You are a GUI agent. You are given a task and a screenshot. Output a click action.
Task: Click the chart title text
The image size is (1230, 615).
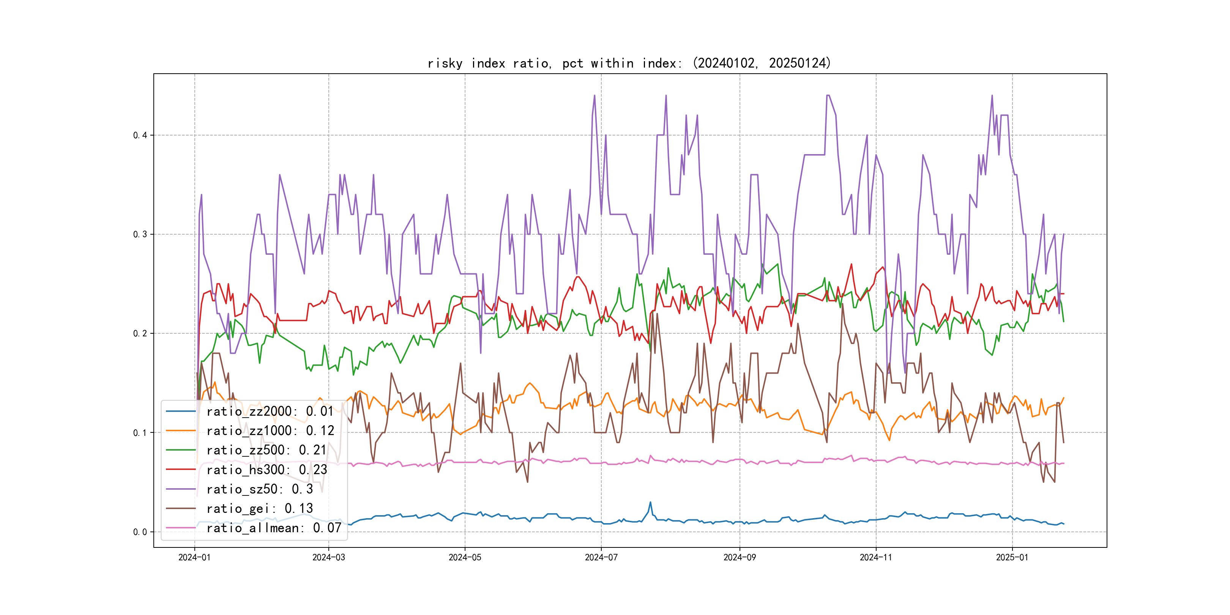click(629, 63)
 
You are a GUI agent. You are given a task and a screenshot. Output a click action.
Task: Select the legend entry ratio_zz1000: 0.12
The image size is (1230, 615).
click(270, 431)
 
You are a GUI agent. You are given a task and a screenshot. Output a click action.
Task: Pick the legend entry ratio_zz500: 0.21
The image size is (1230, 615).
click(266, 450)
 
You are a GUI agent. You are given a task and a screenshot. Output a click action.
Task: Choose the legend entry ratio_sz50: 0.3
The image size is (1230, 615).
click(259, 489)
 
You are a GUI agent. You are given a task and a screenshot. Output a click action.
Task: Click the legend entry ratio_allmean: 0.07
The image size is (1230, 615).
click(274, 528)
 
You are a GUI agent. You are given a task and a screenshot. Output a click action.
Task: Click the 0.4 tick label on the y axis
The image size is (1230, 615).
click(140, 135)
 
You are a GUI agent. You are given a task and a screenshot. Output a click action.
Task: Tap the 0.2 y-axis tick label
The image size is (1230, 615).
click(140, 333)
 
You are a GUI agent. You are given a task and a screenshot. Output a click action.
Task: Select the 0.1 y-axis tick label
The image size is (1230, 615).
click(140, 433)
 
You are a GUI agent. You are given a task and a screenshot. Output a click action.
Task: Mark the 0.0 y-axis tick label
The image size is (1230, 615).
click(140, 532)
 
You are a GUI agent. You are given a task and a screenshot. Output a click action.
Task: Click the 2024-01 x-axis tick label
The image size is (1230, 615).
click(194, 557)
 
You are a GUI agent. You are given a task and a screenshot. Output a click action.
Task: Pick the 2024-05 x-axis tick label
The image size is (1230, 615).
click(465, 557)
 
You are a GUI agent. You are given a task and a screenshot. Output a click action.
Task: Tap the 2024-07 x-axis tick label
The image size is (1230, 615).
click(601, 557)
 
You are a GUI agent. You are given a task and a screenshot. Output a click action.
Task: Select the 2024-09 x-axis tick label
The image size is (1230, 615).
click(740, 557)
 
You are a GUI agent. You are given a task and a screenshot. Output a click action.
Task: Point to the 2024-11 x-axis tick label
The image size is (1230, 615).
click(876, 557)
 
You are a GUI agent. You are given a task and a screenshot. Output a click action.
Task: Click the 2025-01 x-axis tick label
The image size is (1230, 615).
click(1012, 557)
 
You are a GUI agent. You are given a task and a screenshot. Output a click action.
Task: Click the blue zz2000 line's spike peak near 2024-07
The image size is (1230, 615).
click(650, 502)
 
